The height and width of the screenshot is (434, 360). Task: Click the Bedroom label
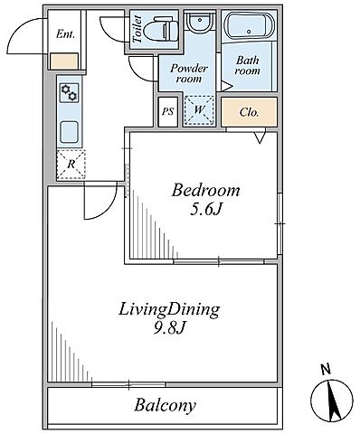[x=205, y=191]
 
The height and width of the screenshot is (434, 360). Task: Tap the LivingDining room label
[x=169, y=310]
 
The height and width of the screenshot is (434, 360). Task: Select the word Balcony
[x=165, y=405]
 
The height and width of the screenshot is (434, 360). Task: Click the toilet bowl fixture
[x=160, y=30]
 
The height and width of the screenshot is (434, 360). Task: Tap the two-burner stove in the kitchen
[x=69, y=93]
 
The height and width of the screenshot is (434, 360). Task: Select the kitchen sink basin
[x=69, y=132]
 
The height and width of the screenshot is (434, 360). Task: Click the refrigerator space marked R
[x=71, y=165]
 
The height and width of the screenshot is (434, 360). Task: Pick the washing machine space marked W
[x=199, y=110]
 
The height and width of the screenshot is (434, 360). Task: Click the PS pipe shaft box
[x=167, y=111]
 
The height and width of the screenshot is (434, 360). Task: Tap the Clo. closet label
[x=249, y=112]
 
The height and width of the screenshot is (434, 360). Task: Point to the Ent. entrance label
[x=65, y=34]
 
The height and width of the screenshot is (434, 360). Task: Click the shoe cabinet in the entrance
[x=64, y=61]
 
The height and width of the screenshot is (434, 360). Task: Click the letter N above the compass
[x=326, y=370]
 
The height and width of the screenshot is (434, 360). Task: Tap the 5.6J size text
[x=206, y=210]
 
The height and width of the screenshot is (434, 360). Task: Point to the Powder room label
[x=189, y=73]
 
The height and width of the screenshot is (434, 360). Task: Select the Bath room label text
[x=248, y=65]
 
